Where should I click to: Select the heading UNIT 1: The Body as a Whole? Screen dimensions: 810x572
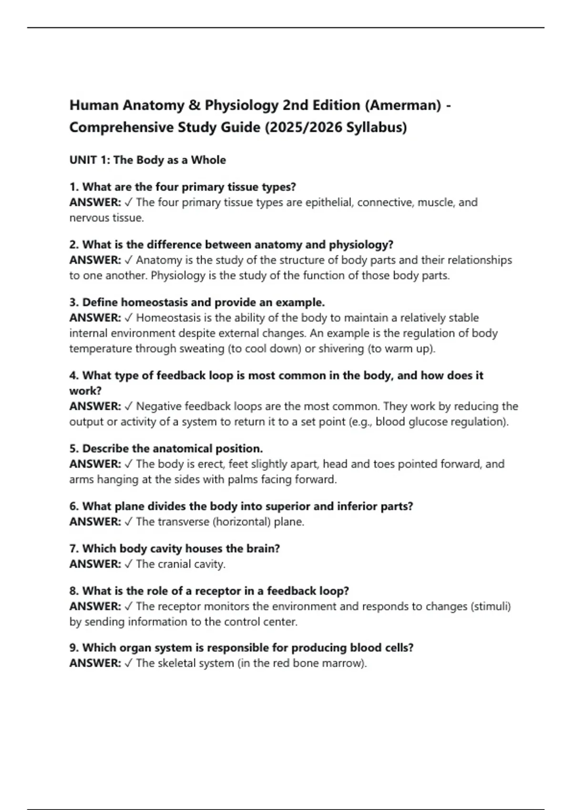(x=148, y=160)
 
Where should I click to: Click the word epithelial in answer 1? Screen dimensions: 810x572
(x=328, y=202)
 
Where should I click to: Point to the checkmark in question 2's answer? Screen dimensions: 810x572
(x=129, y=260)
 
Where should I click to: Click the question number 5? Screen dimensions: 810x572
(x=74, y=449)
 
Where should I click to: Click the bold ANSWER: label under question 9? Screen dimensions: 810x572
(x=95, y=663)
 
